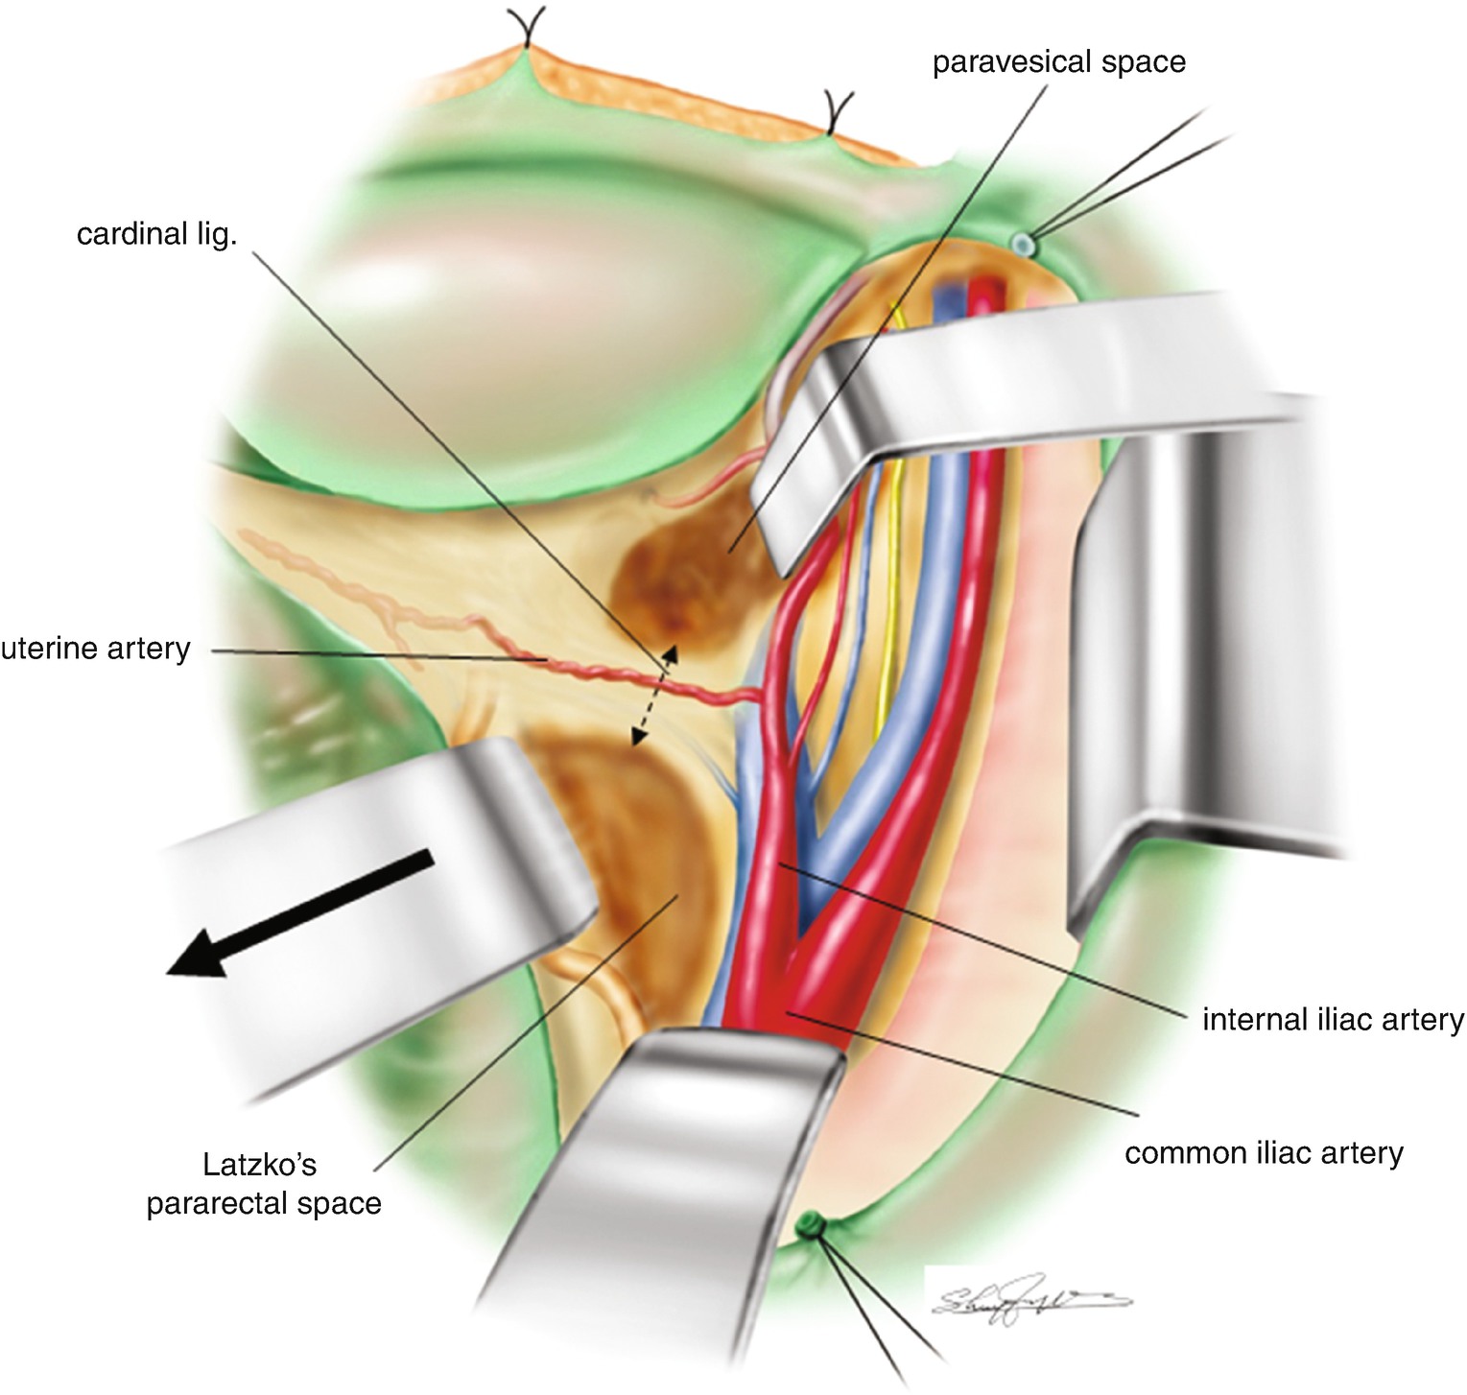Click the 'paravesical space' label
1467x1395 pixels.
click(x=1058, y=62)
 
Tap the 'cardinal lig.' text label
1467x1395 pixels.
click(x=156, y=234)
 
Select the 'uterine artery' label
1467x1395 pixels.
click(x=96, y=649)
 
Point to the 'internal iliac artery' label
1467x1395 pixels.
click(x=1333, y=1019)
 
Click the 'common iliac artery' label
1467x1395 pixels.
click(x=1264, y=1152)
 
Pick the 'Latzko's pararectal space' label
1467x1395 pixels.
click(x=263, y=1184)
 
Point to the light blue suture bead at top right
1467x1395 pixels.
click(x=1025, y=245)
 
